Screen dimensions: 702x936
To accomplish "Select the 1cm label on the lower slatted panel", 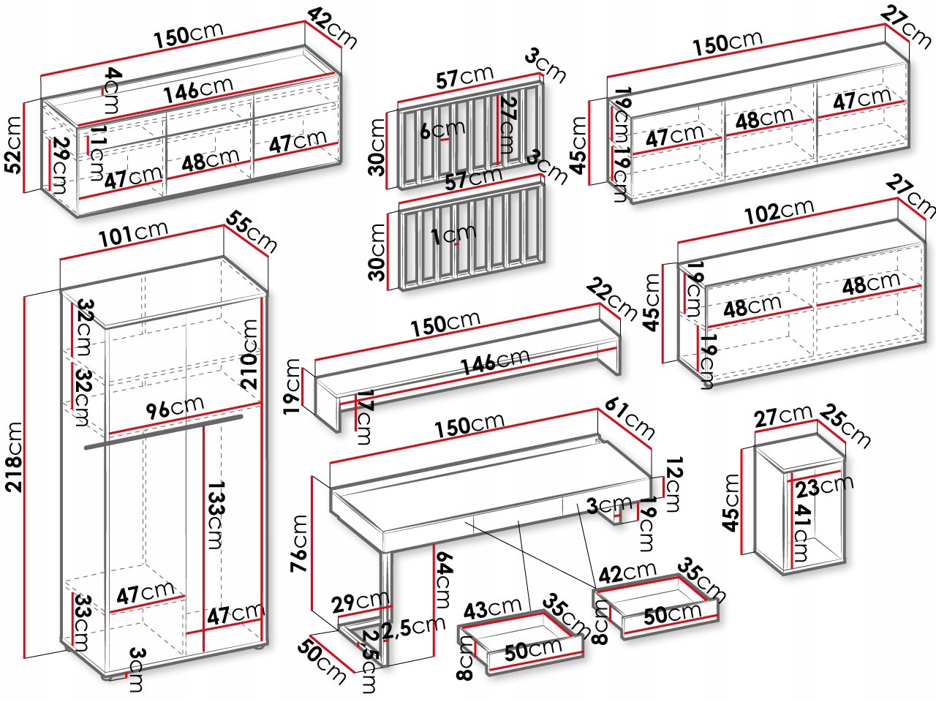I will pos(453,235).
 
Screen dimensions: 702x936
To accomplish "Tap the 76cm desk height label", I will pos(300,545).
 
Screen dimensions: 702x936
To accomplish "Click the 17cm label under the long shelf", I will pos(363,418).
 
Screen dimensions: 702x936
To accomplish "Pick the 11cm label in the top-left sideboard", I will pos(96,153).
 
